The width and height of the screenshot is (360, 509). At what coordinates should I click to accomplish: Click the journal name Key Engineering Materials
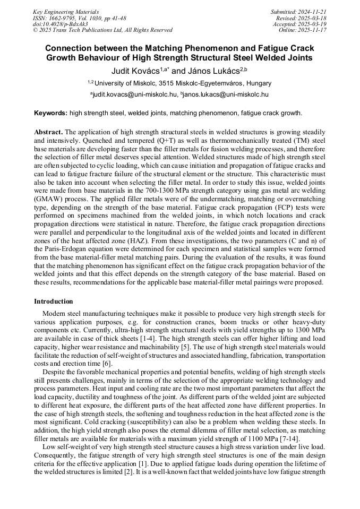(x=65, y=12)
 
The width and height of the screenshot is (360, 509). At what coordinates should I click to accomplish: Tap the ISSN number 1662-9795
(x=61, y=18)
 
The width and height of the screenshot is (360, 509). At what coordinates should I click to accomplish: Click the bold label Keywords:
(x=50, y=113)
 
